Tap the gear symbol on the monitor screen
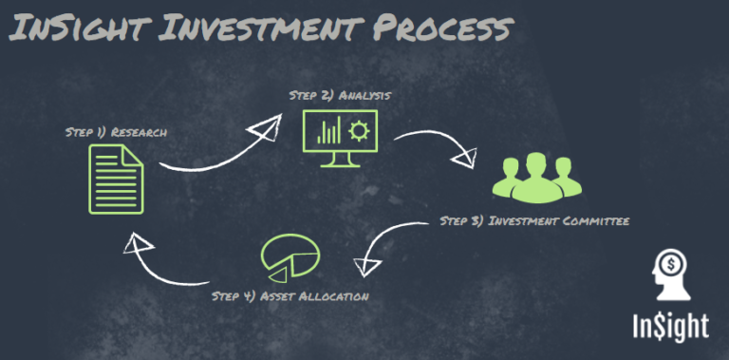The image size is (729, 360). coord(360,131)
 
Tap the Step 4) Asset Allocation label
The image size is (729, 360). coord(290,296)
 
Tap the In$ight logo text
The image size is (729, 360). coord(670,325)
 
